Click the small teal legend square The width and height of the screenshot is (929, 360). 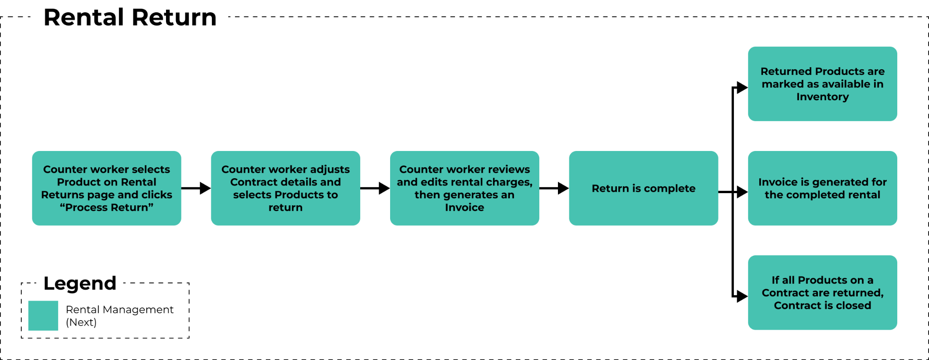click(43, 316)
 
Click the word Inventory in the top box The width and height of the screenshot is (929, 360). click(822, 97)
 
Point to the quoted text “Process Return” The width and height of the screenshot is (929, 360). click(107, 208)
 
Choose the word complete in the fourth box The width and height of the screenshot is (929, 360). click(670, 189)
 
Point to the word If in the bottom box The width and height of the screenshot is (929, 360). click(775, 280)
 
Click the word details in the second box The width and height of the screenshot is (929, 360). click(295, 182)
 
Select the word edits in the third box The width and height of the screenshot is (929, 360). click(431, 182)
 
